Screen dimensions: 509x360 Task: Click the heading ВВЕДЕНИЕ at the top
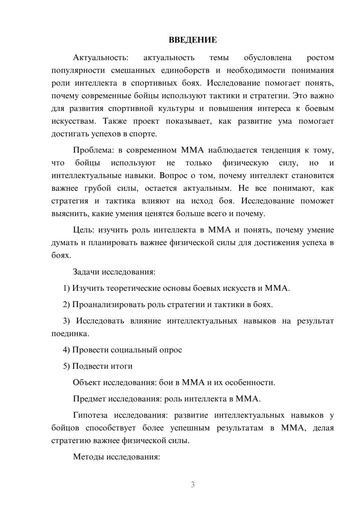pos(193,40)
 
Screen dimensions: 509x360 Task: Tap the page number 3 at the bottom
pos(193,485)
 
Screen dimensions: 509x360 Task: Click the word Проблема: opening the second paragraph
pos(94,150)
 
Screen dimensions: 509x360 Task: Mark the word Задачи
pos(86,272)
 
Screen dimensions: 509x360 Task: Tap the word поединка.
pos(70,334)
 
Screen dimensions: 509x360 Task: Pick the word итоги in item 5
pos(122,366)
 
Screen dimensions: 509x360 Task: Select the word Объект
pos(86,383)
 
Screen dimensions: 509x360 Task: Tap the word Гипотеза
pos(90,415)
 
